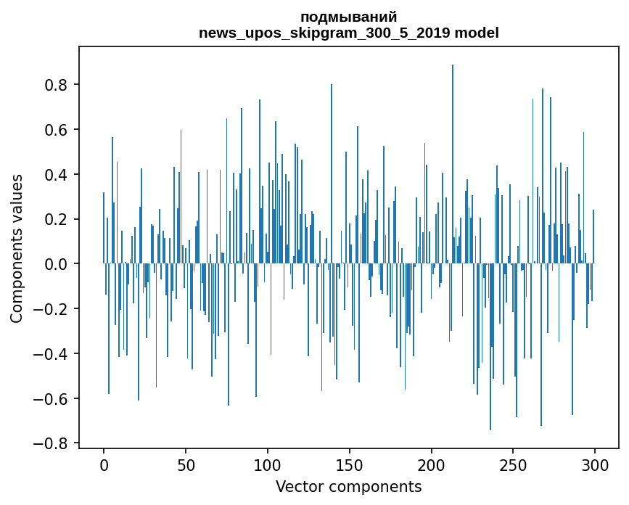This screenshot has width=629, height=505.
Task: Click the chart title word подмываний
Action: tap(348, 17)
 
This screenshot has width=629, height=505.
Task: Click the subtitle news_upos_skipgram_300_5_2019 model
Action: tap(348, 33)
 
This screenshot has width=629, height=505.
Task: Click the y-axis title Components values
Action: tap(16, 248)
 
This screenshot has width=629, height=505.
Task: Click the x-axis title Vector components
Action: tap(348, 486)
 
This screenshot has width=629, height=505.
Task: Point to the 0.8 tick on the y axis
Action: tap(57, 85)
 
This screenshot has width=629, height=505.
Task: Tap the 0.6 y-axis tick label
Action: tap(57, 130)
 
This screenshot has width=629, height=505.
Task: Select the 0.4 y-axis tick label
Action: tap(57, 175)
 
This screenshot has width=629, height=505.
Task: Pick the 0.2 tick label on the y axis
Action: tap(57, 219)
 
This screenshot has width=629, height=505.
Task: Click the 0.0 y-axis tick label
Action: tap(57, 264)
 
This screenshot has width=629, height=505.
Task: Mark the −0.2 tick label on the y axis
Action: tap(52, 309)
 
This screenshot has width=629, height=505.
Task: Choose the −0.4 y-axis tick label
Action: tap(52, 354)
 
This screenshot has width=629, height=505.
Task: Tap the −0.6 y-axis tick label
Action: tap(52, 398)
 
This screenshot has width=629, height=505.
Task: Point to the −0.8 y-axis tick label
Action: tap(52, 443)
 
